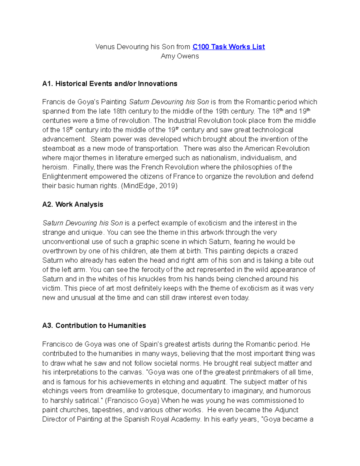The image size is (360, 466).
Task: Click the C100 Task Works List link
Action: pos(229,47)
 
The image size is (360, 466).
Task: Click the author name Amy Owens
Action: pos(180,56)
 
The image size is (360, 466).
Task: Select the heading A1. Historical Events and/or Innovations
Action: pos(110,84)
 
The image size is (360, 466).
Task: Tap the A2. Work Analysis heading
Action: pos(73,204)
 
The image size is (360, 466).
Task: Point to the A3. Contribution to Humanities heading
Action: pos(94,326)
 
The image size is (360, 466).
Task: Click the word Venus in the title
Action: pos(105,47)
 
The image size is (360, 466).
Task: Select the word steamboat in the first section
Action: pos(58,149)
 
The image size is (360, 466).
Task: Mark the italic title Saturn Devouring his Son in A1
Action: pos(169,102)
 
